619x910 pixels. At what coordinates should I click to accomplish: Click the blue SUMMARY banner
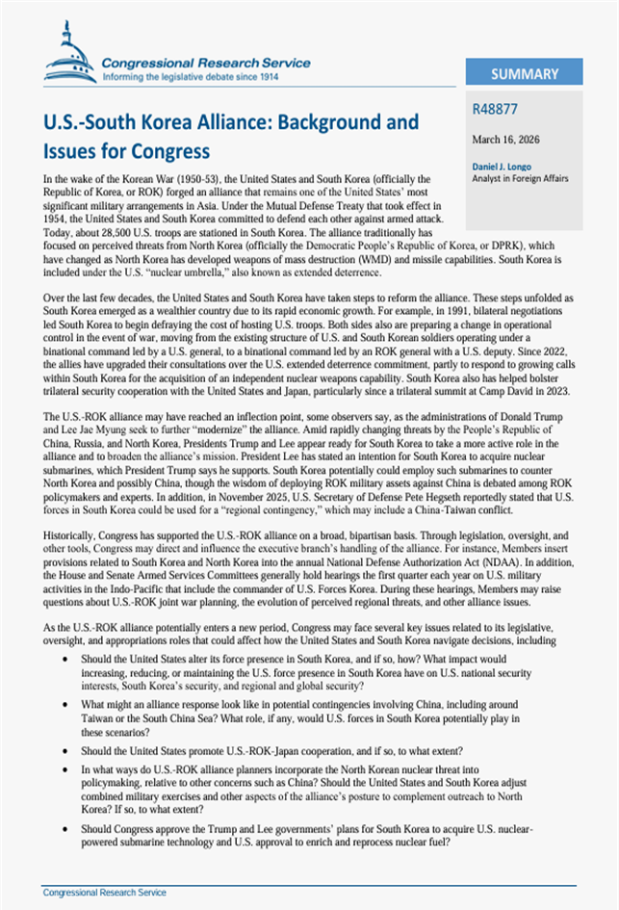point(524,74)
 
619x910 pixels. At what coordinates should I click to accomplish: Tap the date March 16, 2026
point(507,140)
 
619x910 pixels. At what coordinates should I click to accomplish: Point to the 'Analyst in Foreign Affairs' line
point(520,178)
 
